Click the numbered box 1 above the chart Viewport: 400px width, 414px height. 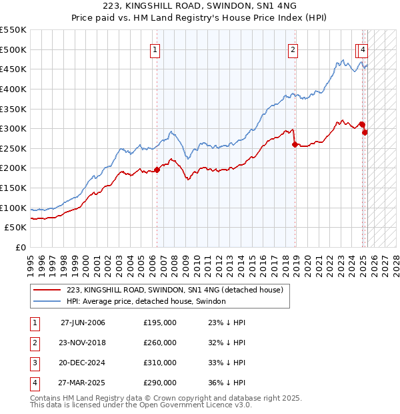[155, 49]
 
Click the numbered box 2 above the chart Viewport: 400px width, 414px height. [293, 49]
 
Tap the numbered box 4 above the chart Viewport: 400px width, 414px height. [363, 49]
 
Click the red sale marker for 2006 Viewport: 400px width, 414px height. [157, 170]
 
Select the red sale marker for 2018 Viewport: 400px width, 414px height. [295, 144]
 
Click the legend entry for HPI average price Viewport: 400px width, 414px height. [146, 301]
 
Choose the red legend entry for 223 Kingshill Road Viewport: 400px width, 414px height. [175, 290]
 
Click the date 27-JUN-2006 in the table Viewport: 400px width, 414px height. [83, 323]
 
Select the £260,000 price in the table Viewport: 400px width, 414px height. [160, 343]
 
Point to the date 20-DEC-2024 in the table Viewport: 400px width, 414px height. [83, 363]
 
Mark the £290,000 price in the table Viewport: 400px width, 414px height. [160, 383]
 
